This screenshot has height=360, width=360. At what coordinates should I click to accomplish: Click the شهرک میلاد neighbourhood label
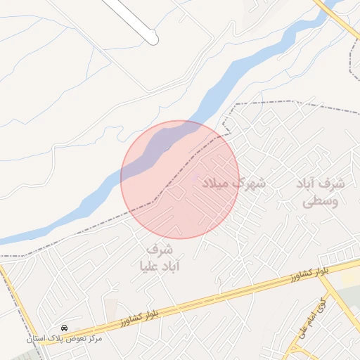[233, 184]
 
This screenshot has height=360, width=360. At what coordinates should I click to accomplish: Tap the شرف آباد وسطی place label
[321, 192]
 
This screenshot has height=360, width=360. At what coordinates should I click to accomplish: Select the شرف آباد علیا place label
[160, 258]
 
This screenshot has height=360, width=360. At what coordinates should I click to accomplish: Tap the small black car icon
[65, 328]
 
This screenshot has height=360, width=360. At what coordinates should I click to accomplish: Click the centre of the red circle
[180, 179]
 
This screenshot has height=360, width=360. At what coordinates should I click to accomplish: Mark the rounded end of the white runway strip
[153, 39]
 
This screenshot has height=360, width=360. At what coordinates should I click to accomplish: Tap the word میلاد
[217, 184]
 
